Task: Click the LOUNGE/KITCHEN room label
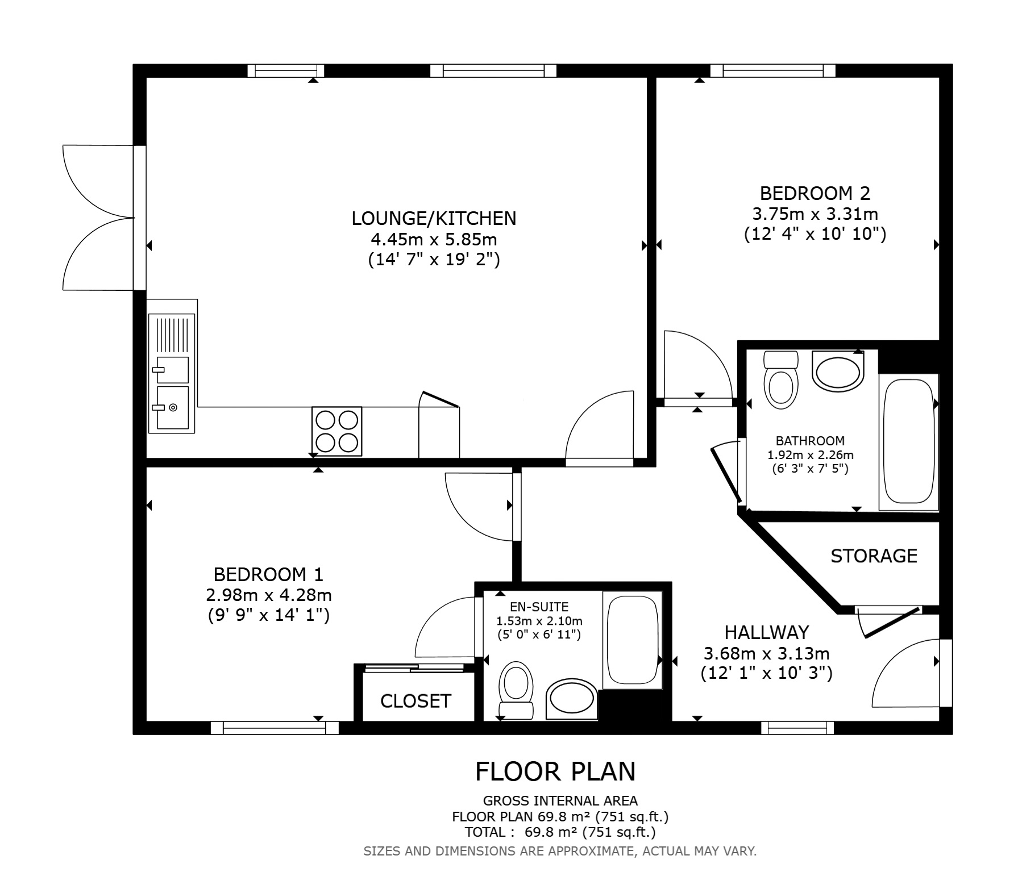(434, 218)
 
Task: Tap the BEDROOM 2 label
(815, 194)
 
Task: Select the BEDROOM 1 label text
(268, 574)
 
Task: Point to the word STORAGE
(874, 556)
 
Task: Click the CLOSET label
(415, 702)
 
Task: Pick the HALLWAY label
(766, 632)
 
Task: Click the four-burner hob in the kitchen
(337, 431)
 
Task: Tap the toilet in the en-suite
(516, 690)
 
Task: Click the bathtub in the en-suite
(633, 641)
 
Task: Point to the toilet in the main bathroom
(782, 379)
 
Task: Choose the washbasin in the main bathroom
(838, 371)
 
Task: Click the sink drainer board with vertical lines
(172, 335)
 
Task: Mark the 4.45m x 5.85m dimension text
(434, 239)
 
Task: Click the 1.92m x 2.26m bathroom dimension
(811, 455)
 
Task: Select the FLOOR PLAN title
(555, 771)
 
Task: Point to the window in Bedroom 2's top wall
(773, 70)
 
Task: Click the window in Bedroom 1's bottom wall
(275, 728)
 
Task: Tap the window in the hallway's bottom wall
(797, 728)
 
